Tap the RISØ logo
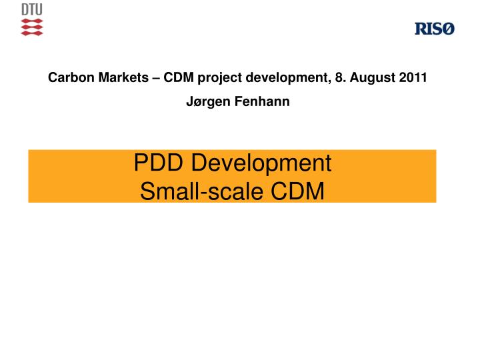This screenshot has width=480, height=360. click(x=434, y=29)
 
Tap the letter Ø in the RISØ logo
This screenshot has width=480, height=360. click(x=448, y=29)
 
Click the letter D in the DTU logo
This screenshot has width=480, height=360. click(x=25, y=11)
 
